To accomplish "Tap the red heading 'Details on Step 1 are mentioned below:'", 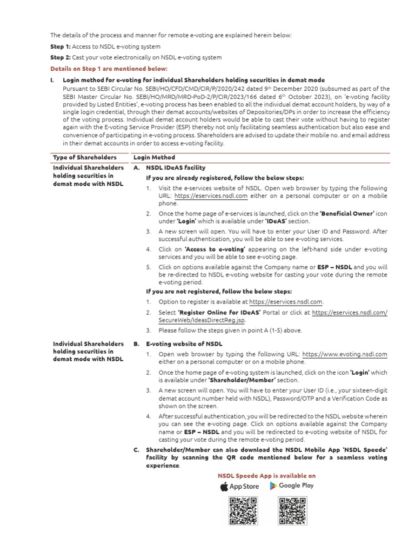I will (x=109, y=69).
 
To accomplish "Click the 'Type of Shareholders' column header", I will (x=84, y=157).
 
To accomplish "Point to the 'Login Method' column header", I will (x=154, y=157).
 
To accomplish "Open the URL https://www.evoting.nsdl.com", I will (x=345, y=354).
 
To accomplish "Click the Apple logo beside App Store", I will (x=224, y=487).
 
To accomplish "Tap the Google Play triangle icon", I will (x=273, y=486).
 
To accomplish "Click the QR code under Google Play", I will (x=292, y=511).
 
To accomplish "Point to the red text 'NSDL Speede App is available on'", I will (x=266, y=476).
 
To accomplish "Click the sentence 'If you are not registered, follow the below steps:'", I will (x=219, y=292).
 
